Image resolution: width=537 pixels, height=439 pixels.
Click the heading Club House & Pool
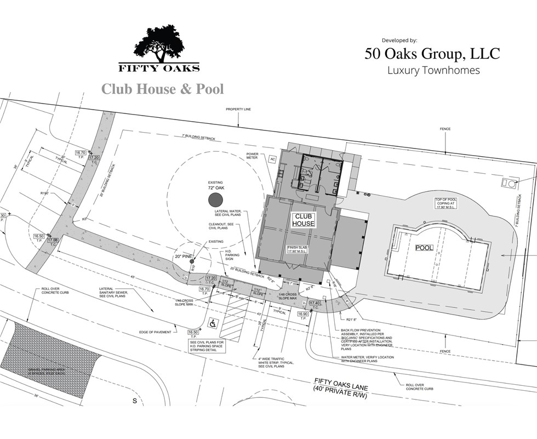coord(163,88)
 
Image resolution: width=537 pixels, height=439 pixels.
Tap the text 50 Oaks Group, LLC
coord(432,54)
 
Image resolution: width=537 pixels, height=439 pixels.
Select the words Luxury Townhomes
coord(433,70)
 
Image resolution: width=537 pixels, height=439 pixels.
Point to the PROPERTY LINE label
coord(238,110)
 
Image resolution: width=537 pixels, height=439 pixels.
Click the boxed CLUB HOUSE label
coord(304,220)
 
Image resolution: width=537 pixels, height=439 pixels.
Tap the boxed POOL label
coord(424,248)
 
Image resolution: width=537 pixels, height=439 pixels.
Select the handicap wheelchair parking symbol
coord(212,324)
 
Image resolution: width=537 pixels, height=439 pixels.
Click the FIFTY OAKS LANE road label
coord(340,384)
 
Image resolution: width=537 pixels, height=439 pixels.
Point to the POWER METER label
coord(252,156)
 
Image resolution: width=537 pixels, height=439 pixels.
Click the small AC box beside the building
coord(272,159)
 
